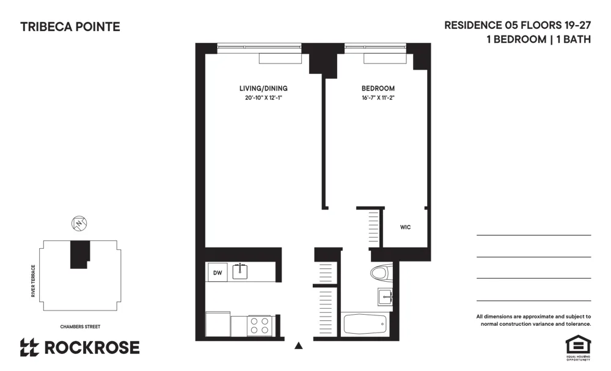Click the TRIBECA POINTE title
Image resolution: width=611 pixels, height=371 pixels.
coord(70,27)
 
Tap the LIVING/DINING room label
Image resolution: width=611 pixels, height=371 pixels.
coord(263,89)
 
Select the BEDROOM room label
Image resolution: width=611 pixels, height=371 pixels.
coord(378,89)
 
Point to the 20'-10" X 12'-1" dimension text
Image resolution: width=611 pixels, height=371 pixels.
coord(263,98)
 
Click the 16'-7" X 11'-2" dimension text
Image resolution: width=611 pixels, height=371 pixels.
coord(378,98)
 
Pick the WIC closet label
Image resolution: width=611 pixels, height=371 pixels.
coord(405,227)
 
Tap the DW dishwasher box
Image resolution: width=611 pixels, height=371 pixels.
coord(217,272)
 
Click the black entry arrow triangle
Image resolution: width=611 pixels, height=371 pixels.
coord(299,345)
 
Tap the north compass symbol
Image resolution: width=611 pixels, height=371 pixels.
coord(78,223)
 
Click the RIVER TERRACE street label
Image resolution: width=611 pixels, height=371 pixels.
coord(34,282)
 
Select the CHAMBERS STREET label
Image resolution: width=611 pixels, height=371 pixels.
coord(80,327)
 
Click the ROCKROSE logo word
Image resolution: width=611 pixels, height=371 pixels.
coord(92,348)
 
